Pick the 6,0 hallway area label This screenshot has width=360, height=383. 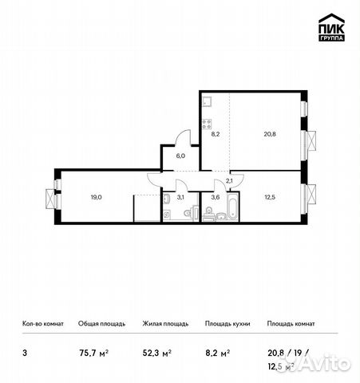[180, 157]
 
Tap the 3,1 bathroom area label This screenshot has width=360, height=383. [180, 197]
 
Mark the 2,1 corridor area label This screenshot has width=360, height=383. [229, 183]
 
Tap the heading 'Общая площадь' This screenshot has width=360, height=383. [101, 325]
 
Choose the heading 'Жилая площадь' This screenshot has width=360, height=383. [164, 325]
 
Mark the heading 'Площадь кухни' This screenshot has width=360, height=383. [227, 325]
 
